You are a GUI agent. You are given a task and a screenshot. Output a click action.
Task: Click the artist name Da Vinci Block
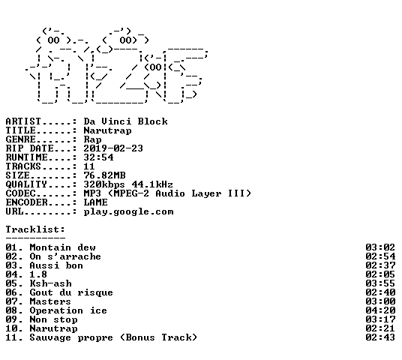pyautogui.click(x=126, y=121)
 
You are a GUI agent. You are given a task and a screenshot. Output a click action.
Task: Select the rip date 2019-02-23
pyautogui.click(x=113, y=148)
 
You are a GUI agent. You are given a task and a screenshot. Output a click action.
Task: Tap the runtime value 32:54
pyautogui.click(x=98, y=157)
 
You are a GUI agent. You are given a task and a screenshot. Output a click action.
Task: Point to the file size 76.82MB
pyautogui.click(x=104, y=175)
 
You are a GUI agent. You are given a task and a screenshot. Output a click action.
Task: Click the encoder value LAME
pyautogui.click(x=96, y=202)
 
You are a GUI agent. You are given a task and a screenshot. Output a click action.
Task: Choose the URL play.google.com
pyautogui.click(x=129, y=211)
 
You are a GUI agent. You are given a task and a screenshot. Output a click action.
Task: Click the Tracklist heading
pyautogui.click(x=35, y=229)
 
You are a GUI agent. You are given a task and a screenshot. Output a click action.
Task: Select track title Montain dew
pyautogui.click(x=63, y=247)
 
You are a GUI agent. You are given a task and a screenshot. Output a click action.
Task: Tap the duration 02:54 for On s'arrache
pyautogui.click(x=380, y=256)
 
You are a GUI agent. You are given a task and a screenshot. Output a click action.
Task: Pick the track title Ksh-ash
pyautogui.click(x=51, y=283)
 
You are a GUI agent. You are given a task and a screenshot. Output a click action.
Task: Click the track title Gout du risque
pyautogui.click(x=71, y=292)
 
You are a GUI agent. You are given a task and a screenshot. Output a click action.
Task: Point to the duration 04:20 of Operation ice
pyautogui.click(x=380, y=310)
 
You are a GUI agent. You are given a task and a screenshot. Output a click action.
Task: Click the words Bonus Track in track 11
pyautogui.click(x=159, y=337)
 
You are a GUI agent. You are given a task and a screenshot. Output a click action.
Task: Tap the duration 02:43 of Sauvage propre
pyautogui.click(x=380, y=337)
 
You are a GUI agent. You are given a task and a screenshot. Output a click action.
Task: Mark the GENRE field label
pyautogui.click(x=20, y=139)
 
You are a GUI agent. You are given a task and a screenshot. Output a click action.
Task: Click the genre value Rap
pyautogui.click(x=92, y=139)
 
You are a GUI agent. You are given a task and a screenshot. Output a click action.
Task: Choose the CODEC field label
pyautogui.click(x=20, y=193)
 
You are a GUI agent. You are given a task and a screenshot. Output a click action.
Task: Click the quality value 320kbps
pyautogui.click(x=104, y=184)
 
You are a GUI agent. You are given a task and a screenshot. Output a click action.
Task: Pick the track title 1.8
pyautogui.click(x=38, y=274)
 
